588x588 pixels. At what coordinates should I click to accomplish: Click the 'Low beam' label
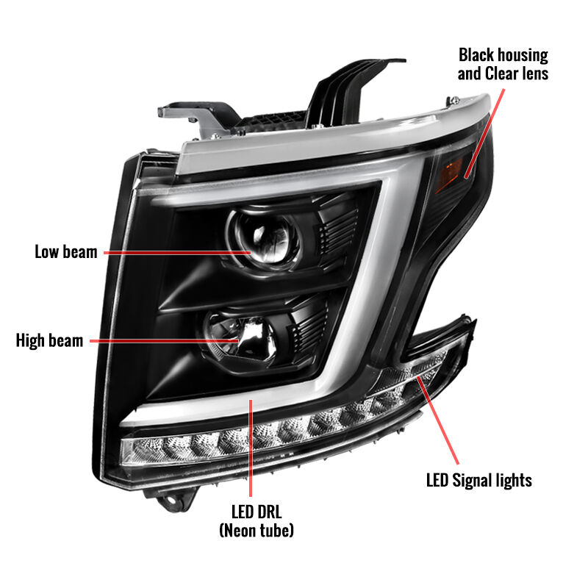click(66, 251)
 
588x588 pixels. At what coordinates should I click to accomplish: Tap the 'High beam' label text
click(49, 340)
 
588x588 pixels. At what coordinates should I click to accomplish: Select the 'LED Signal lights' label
click(479, 481)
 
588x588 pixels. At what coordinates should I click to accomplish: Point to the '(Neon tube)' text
click(257, 530)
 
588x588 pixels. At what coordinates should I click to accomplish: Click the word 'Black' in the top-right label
click(476, 55)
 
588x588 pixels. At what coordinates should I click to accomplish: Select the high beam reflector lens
click(240, 337)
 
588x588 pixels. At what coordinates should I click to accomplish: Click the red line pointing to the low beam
click(177, 253)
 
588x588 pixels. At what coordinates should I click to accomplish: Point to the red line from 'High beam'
click(164, 341)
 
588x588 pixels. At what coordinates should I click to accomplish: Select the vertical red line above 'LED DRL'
click(251, 448)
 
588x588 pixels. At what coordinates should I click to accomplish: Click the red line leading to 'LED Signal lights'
click(437, 420)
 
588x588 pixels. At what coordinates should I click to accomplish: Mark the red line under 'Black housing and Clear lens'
click(484, 133)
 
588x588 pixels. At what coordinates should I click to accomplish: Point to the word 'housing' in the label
click(523, 56)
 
